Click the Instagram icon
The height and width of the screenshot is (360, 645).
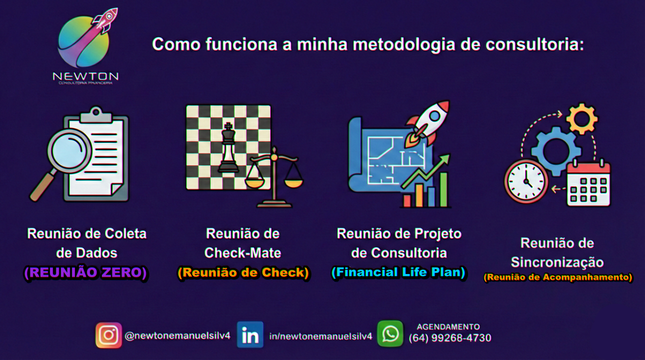(x=108, y=335)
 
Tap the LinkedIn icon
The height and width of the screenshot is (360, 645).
(x=250, y=335)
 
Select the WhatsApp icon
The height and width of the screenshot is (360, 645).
(x=390, y=334)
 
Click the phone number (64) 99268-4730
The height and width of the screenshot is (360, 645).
(x=449, y=338)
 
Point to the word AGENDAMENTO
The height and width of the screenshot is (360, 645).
(x=448, y=327)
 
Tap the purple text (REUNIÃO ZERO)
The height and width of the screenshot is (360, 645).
(x=86, y=272)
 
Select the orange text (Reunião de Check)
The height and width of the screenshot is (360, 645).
(x=243, y=272)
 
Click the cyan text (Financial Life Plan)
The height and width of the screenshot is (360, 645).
(x=398, y=272)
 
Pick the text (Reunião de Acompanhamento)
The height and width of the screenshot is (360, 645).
(x=557, y=277)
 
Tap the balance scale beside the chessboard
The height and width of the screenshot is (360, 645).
(x=274, y=177)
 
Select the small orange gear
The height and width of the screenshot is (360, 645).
(x=581, y=118)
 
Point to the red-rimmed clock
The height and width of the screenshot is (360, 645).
(x=526, y=181)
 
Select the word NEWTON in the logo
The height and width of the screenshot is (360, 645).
(x=85, y=76)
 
